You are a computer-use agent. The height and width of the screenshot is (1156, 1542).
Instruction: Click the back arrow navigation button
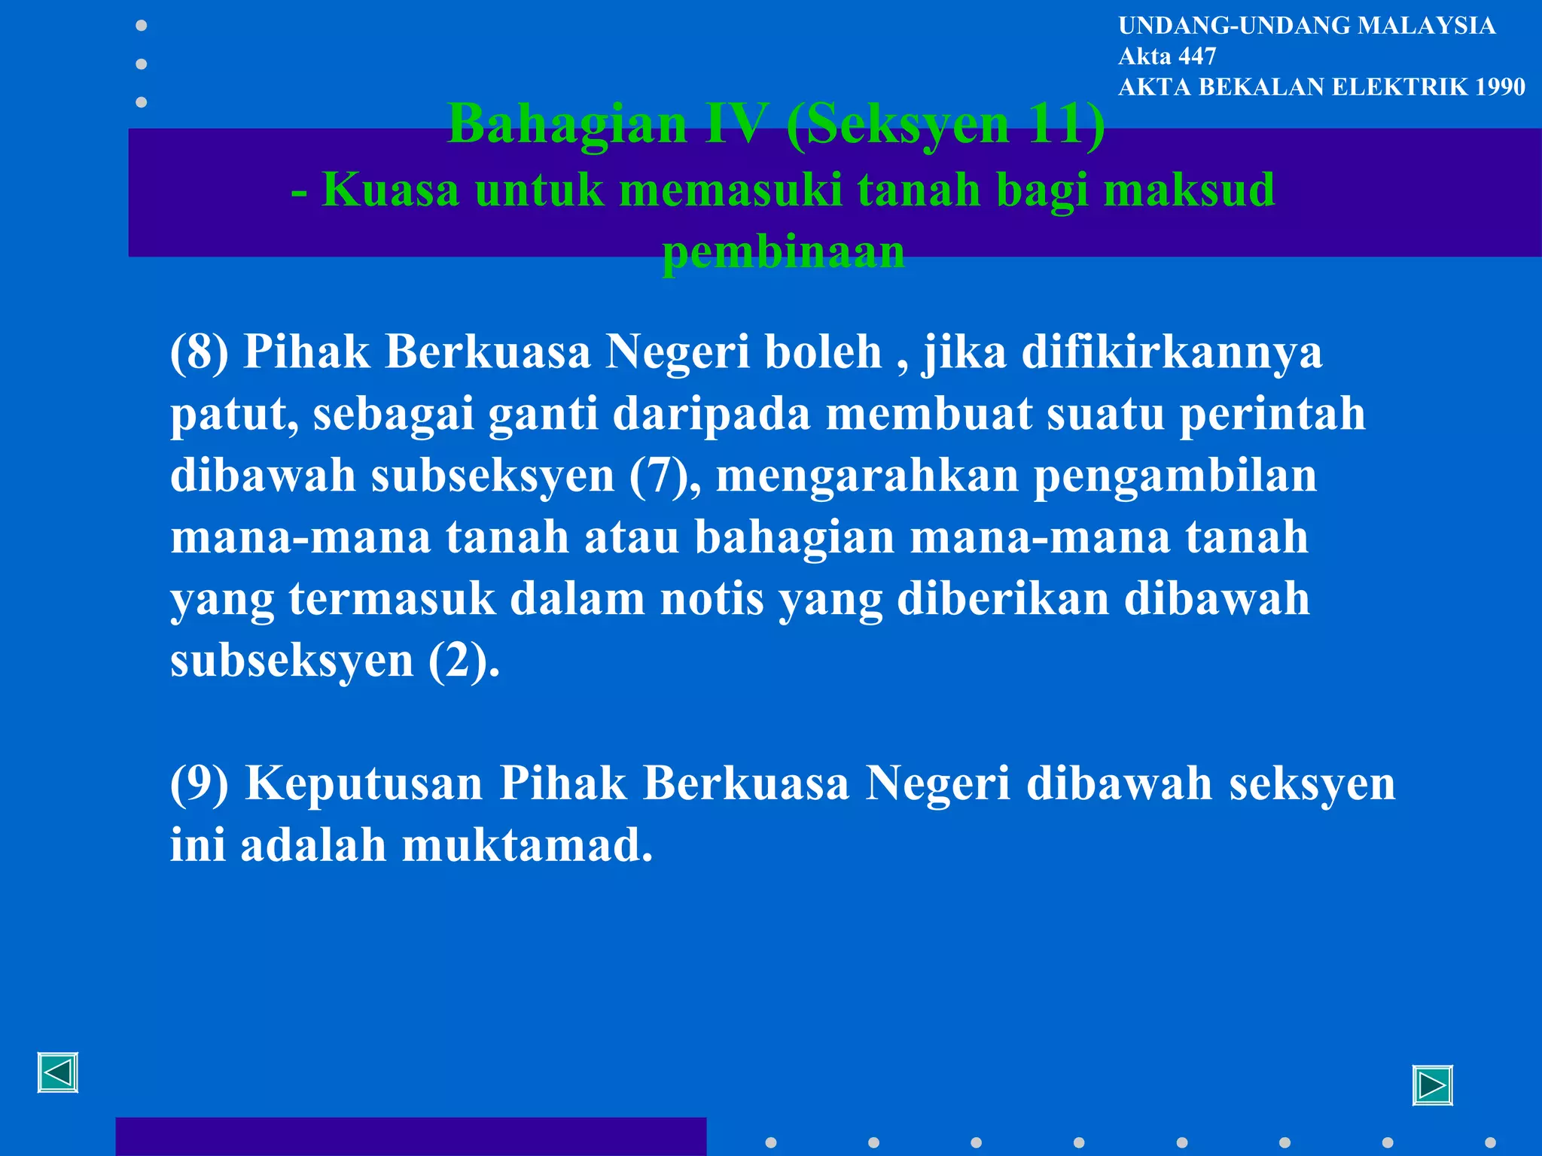[x=58, y=1072]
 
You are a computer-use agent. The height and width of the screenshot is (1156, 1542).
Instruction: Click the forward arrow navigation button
[x=1432, y=1085]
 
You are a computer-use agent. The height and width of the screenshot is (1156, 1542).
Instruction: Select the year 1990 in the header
[x=1500, y=87]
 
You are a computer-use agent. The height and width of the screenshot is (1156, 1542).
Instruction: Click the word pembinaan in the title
[x=783, y=252]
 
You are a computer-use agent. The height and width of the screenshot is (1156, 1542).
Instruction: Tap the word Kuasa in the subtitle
[x=391, y=190]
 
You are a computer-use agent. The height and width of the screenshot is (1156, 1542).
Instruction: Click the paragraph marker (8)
[x=199, y=351]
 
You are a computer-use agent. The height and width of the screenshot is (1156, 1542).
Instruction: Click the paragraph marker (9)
[x=199, y=783]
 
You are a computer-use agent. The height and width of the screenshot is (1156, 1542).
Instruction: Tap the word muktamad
[x=526, y=845]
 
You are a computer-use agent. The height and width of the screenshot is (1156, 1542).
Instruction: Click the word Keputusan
[x=364, y=783]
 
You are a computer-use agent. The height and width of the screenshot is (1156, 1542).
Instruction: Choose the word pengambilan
[x=1175, y=476]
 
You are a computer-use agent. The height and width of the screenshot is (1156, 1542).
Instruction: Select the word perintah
[x=1272, y=414]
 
